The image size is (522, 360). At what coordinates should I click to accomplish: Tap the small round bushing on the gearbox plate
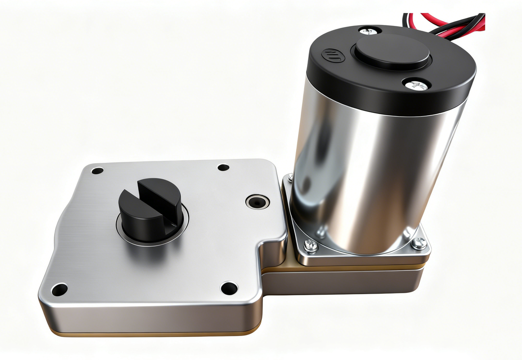pos(258,202)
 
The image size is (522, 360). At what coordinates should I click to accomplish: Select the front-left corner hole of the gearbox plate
pos(59,289)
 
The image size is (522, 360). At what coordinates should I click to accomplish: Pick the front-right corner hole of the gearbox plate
pos(229,288)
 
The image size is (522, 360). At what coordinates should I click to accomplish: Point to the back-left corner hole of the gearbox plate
pos(97,170)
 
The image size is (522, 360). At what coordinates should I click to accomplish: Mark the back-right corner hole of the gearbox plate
pos(223,168)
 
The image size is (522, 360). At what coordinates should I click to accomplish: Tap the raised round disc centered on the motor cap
pos(392,51)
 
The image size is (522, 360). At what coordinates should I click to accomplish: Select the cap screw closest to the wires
pos(369,31)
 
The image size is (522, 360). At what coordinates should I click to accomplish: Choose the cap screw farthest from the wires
pos(416,85)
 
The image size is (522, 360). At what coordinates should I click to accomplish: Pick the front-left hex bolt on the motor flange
pos(310,245)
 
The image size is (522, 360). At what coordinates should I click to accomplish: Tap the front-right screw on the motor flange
pos(419,243)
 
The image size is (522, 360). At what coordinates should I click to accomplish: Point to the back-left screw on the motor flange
pos(290,179)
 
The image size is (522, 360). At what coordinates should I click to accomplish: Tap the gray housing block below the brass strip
pos(345,283)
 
